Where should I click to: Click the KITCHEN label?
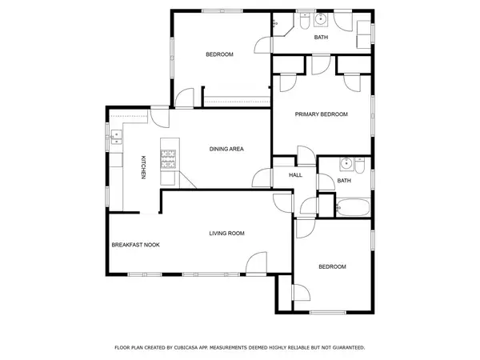[x=143, y=166]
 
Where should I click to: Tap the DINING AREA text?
[x=226, y=149]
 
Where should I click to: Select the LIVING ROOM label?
[x=226, y=233]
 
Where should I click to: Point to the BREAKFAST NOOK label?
[x=135, y=245]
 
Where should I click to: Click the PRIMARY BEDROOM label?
[x=322, y=114]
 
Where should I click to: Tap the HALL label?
[x=295, y=174]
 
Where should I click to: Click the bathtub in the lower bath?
[x=351, y=209]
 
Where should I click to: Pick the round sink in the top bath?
[x=319, y=20]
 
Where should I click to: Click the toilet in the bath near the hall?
[x=360, y=169]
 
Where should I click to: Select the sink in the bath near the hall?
[x=345, y=164]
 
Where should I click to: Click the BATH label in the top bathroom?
[x=321, y=38]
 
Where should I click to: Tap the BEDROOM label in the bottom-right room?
[x=332, y=266]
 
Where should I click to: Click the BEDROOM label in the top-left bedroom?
[x=219, y=54]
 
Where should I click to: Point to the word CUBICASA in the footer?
[x=198, y=347]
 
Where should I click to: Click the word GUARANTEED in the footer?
[x=346, y=347]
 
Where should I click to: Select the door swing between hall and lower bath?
[x=308, y=206]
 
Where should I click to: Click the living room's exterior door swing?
[x=256, y=262]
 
